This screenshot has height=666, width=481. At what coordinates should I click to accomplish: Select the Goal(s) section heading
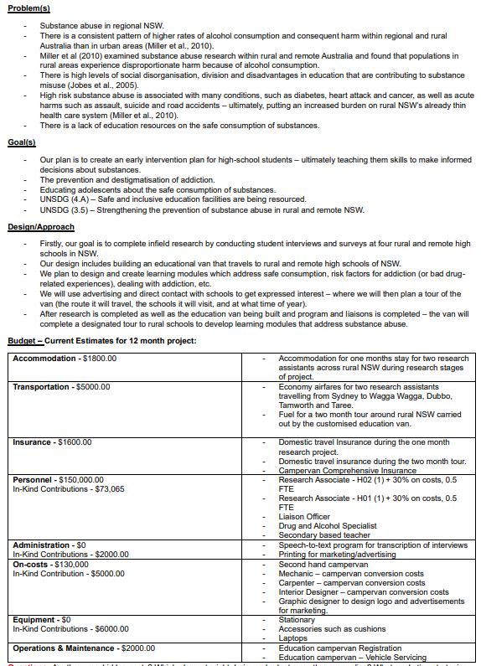[x=21, y=142]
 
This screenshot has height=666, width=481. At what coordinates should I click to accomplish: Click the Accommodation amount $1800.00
[x=100, y=358]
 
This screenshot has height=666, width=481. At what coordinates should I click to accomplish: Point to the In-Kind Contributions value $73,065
[x=109, y=488]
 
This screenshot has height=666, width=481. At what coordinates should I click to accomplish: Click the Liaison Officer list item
[x=303, y=516]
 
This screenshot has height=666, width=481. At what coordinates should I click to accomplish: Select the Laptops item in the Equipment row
[x=292, y=638]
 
